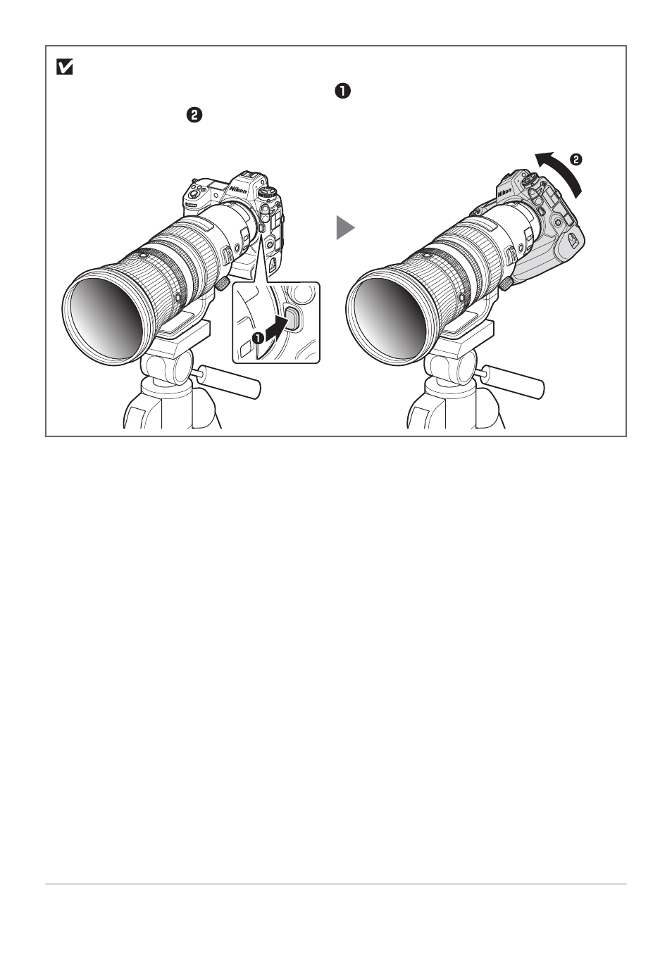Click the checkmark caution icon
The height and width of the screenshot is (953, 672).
click(x=64, y=67)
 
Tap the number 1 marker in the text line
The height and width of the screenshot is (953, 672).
click(x=343, y=91)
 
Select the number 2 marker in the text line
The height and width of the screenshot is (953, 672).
click(x=194, y=115)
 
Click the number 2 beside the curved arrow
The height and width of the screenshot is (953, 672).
click(x=575, y=160)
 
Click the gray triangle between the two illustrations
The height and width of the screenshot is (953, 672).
click(x=345, y=227)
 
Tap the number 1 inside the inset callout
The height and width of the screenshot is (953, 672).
click(x=258, y=339)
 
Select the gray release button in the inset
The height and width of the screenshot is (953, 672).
click(x=293, y=319)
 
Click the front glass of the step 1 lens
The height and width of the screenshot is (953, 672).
click(x=107, y=313)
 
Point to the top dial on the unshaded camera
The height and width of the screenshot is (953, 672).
click(x=268, y=192)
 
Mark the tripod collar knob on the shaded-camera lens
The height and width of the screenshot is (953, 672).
click(x=506, y=284)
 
